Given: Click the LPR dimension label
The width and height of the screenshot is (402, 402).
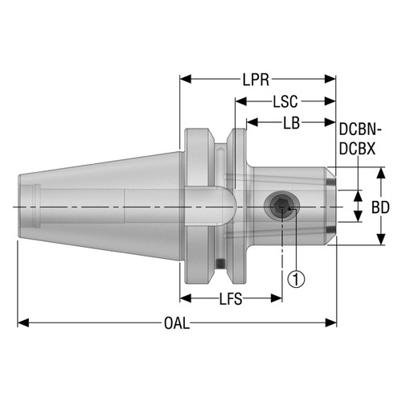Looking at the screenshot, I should pyautogui.click(x=257, y=80).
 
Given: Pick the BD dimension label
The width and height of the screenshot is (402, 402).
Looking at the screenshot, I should pyautogui.click(x=381, y=207).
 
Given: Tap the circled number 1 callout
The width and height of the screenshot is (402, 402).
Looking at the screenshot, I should pyautogui.click(x=297, y=279).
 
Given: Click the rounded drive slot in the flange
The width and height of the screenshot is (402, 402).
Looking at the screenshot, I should pyautogui.click(x=212, y=198).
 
